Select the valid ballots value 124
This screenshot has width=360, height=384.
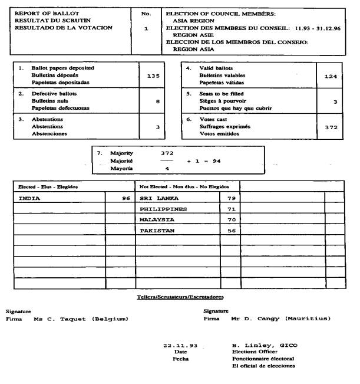[333, 76]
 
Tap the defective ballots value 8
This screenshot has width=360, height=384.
[157, 101]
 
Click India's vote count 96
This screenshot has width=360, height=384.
[126, 199]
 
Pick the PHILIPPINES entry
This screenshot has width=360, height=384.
[163, 209]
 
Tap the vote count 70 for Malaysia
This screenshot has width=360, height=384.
[231, 220]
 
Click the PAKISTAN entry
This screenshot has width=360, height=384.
[157, 231]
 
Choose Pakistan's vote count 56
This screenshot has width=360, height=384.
[231, 231]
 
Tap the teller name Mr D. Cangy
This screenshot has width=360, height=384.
[281, 319]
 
